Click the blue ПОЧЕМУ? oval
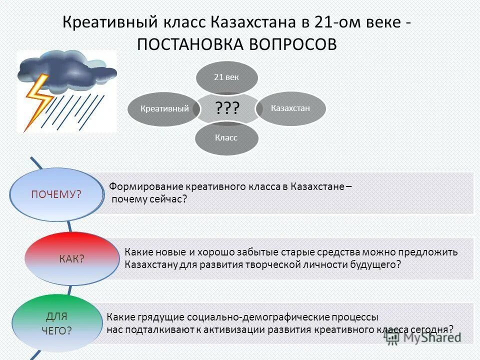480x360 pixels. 56,194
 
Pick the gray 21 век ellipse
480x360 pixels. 226,77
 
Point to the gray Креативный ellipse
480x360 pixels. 164,108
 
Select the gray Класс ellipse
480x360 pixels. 226,137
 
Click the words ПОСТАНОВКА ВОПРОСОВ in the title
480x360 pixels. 237,43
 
